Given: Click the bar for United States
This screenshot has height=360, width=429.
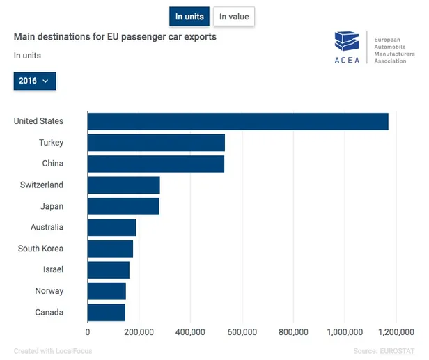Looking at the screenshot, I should click(237, 121).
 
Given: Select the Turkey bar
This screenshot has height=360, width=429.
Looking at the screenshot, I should click(156, 143).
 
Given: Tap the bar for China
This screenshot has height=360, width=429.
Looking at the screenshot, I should click(156, 164).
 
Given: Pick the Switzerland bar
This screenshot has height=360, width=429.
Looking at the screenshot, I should click(123, 185).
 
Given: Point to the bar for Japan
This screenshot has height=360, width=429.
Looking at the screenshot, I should click(123, 206).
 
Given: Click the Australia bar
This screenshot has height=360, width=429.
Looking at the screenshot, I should click(111, 228).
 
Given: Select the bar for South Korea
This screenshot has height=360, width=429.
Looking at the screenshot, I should click(110, 249).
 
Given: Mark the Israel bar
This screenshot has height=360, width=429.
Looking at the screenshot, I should click(109, 270).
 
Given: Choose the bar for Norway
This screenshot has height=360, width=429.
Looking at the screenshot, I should click(107, 291).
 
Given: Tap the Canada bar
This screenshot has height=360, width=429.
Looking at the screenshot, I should click(107, 312).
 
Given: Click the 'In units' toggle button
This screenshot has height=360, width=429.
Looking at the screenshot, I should click(189, 17).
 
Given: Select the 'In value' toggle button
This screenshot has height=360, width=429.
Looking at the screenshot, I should click(233, 17).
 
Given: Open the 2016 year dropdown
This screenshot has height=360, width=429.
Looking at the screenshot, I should click(34, 81).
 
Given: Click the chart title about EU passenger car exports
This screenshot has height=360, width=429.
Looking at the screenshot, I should click(115, 36).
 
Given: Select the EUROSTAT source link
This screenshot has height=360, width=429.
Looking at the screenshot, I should click(398, 351).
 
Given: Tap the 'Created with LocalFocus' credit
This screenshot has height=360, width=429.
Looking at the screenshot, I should click(53, 351).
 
